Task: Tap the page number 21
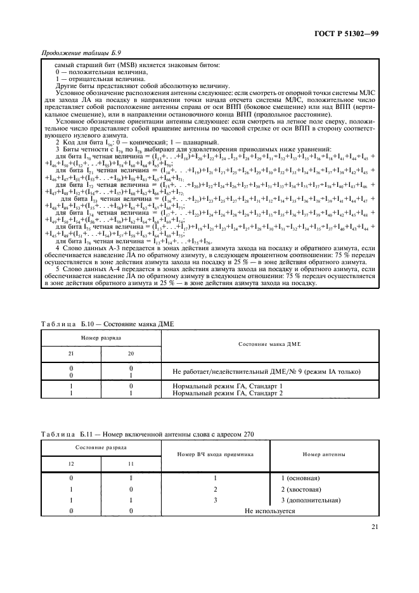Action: point(374,525)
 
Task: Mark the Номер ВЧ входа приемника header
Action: point(215,454)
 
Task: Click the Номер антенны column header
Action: point(324,454)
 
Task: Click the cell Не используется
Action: point(269,511)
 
